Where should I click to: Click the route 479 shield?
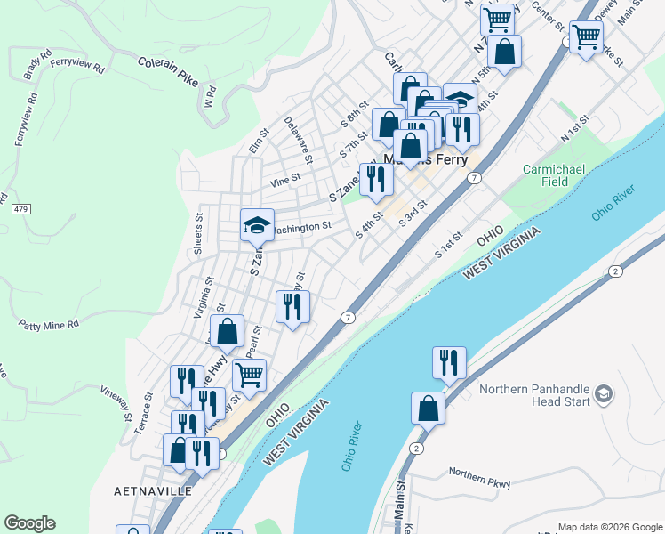tap(20, 210)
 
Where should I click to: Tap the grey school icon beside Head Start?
tap(604, 392)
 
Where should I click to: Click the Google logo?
tap(29, 523)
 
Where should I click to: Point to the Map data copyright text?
tap(609, 527)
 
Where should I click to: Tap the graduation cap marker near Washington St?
tap(257, 225)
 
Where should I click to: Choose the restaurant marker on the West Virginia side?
tap(449, 362)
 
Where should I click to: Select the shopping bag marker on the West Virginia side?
tap(428, 409)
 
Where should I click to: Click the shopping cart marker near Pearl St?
tap(250, 374)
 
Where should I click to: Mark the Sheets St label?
tap(199, 233)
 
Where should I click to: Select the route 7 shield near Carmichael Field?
tap(476, 178)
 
